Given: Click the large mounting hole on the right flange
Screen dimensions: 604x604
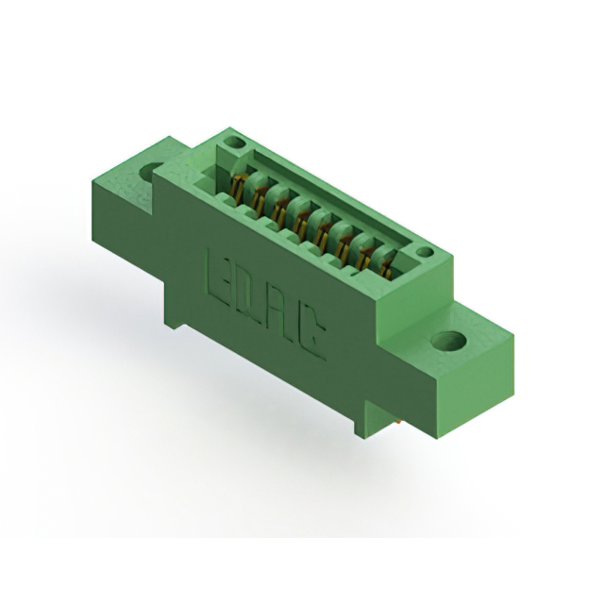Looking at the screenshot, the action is [x=449, y=341].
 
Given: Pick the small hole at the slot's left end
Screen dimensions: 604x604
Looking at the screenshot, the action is [x=235, y=143].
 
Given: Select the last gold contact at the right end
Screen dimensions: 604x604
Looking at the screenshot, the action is [x=386, y=267].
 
